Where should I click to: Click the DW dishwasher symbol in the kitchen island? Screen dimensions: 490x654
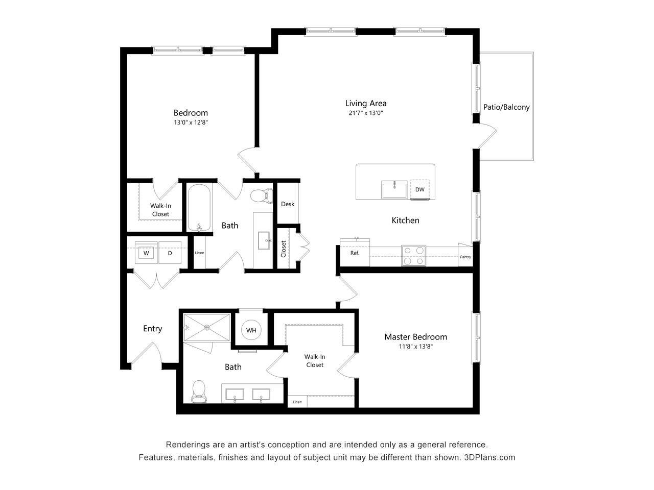click(419, 189)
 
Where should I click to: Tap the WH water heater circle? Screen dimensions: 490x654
click(251, 330)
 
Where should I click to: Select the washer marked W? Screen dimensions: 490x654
click(146, 253)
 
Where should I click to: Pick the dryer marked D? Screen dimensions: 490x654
click(170, 253)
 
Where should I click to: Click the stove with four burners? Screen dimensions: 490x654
click(414, 256)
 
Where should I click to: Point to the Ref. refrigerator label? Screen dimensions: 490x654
click(355, 253)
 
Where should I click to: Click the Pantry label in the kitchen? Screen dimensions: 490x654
click(465, 257)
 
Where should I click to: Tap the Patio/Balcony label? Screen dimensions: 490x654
click(506, 107)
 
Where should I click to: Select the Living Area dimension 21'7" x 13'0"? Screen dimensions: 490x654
click(365, 113)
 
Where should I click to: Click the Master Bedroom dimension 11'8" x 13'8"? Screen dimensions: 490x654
click(415, 347)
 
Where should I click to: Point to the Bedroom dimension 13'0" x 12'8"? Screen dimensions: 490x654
click(190, 122)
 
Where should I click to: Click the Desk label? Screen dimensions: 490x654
click(288, 204)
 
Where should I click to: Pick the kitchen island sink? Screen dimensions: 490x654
click(394, 189)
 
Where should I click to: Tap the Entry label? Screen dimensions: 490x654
click(152, 329)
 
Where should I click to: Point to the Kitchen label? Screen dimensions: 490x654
click(405, 220)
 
